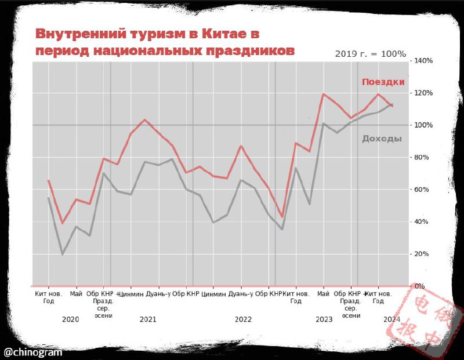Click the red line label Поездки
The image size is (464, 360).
coord(383,82)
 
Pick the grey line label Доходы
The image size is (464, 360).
coord(382,139)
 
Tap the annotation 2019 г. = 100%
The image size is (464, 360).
coord(371,54)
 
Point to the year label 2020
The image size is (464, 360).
coord(70,319)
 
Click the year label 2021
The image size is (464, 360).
coord(148,319)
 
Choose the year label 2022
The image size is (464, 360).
coord(243,319)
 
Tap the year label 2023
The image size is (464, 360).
coord(324,319)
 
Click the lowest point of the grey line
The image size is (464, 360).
coord(63,254)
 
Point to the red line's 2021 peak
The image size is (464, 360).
coord(145,120)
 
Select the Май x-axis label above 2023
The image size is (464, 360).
coord(324,294)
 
